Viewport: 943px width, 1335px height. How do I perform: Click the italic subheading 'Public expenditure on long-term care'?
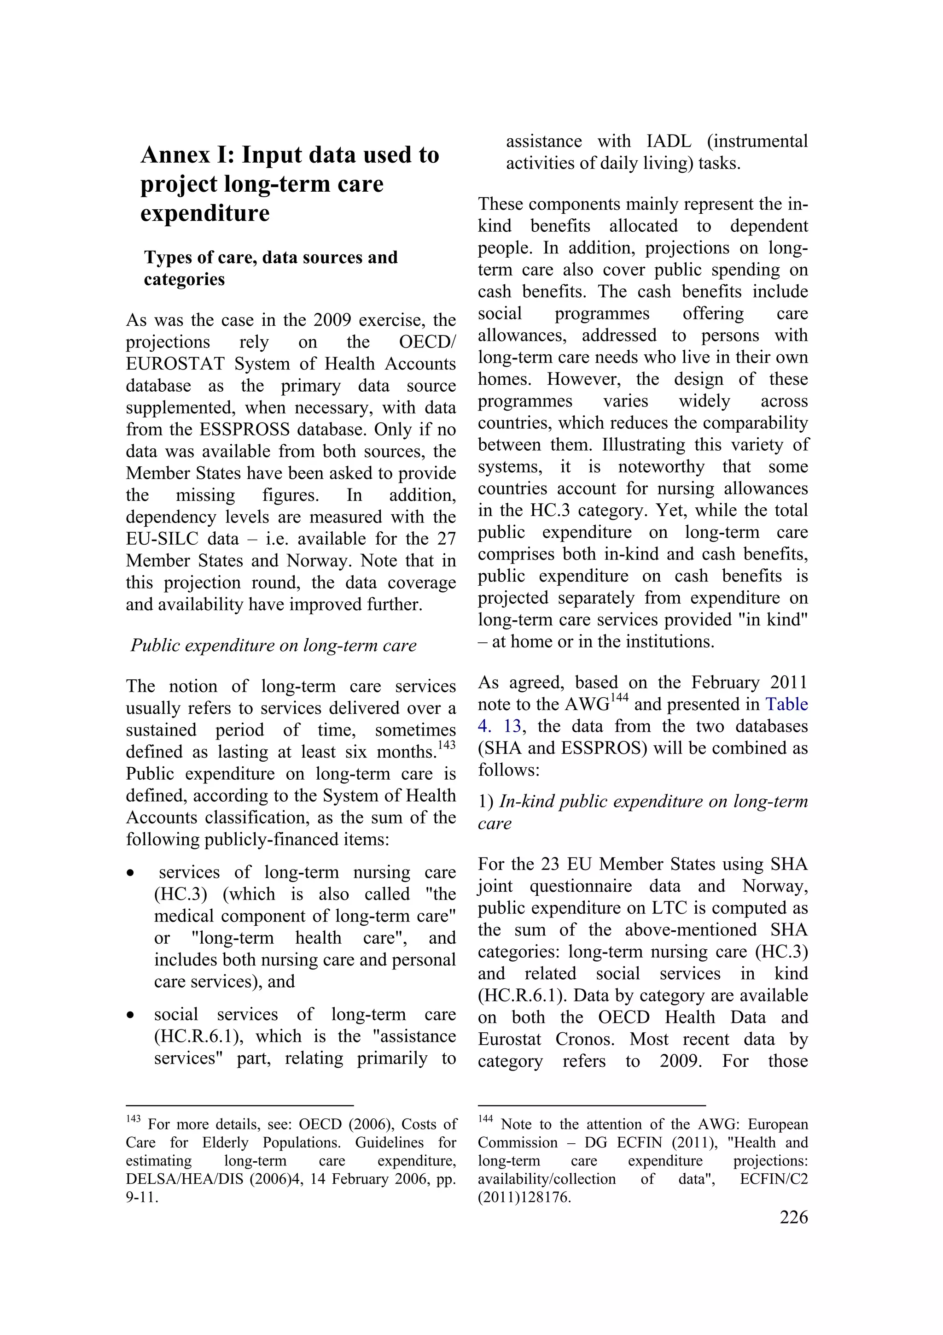click(273, 646)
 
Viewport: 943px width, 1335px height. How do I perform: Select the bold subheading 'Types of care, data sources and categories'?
click(271, 268)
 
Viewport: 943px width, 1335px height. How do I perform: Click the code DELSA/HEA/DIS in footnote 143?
click(180, 1179)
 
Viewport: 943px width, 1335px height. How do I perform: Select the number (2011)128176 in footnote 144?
click(524, 1197)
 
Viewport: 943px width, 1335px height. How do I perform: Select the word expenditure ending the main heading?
click(205, 213)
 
